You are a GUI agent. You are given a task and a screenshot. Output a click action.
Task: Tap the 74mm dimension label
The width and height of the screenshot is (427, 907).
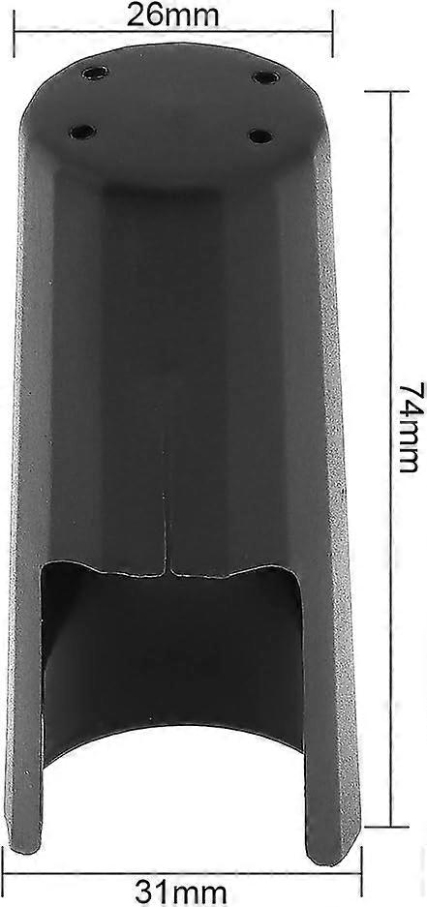(409, 427)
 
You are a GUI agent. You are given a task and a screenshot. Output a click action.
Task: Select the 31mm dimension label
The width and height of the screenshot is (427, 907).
(180, 893)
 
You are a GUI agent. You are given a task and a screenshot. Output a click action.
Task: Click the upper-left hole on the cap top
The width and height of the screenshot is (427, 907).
(96, 73)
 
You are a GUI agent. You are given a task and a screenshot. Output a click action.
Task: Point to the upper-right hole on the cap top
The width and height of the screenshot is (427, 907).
(265, 76)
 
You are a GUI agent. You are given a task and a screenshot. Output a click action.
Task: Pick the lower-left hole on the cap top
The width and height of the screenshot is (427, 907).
(82, 132)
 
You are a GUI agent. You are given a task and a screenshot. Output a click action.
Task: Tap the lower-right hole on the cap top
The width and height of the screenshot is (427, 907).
(261, 136)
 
